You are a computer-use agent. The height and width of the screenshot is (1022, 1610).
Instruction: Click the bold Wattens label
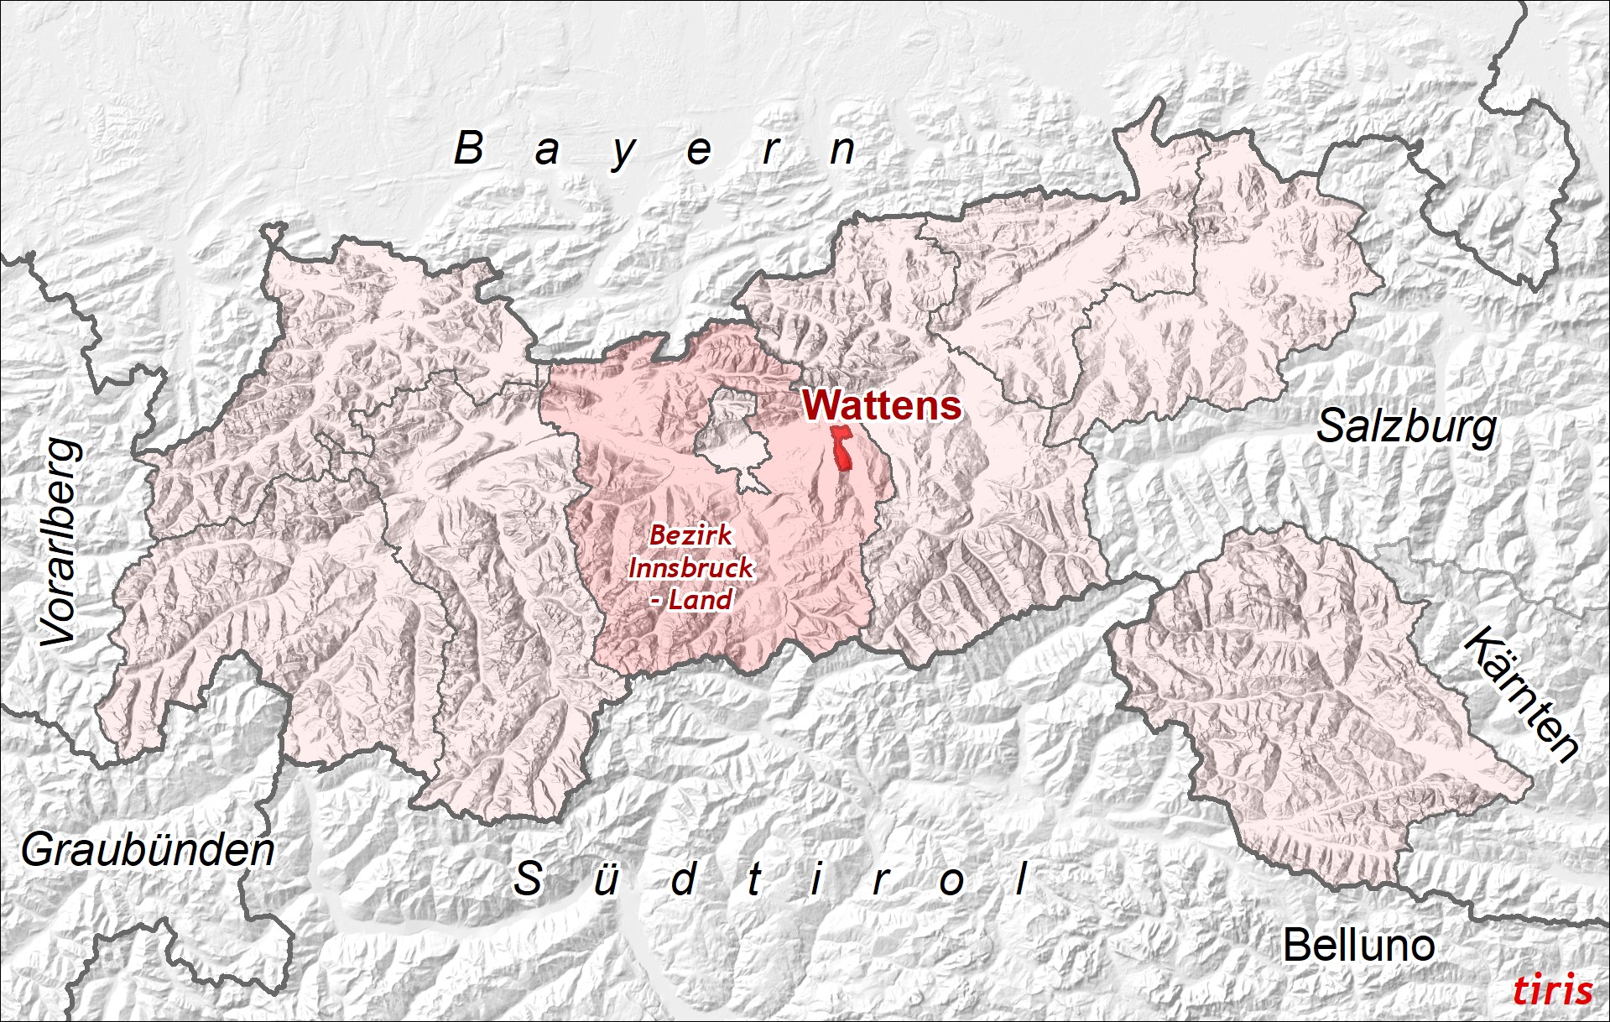pyautogui.click(x=882, y=405)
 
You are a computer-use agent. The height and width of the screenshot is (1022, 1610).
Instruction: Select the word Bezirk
pyautogui.click(x=690, y=534)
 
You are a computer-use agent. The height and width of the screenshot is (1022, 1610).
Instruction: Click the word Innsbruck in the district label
pyautogui.click(x=690, y=568)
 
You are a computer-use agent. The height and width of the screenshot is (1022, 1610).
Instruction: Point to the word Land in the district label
pyautogui.click(x=700, y=600)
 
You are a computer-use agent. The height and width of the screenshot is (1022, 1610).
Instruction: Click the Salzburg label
pyautogui.click(x=1406, y=427)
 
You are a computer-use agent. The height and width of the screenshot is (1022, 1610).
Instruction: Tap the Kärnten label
pyautogui.click(x=1521, y=694)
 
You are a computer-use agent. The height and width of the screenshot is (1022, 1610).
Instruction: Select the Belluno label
pyautogui.click(x=1358, y=946)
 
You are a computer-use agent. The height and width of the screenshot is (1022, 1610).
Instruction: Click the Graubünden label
pyautogui.click(x=148, y=850)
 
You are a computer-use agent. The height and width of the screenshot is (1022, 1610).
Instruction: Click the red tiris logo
pyautogui.click(x=1552, y=990)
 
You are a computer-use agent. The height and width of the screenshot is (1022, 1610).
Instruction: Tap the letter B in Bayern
pyautogui.click(x=469, y=149)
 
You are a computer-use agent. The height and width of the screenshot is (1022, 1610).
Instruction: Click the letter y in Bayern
pyautogui.click(x=623, y=154)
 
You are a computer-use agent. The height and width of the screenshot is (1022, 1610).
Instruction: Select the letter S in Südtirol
pyautogui.click(x=528, y=879)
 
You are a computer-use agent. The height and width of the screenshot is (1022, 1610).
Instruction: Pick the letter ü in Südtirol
pyautogui.click(x=606, y=879)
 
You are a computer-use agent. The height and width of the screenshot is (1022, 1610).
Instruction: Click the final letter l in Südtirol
pyautogui.click(x=1022, y=879)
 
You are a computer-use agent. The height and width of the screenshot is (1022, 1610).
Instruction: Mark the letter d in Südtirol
pyautogui.click(x=684, y=879)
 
